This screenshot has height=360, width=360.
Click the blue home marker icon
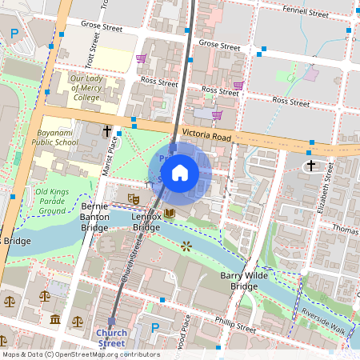tap(180, 172)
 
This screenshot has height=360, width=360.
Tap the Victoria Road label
tap(206, 135)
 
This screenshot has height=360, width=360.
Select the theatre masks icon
tap(133, 197)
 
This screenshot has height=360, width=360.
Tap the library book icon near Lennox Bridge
tap(169, 213)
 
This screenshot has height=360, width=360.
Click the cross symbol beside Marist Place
tap(106, 130)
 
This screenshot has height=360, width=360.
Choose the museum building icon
tap(54, 320)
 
